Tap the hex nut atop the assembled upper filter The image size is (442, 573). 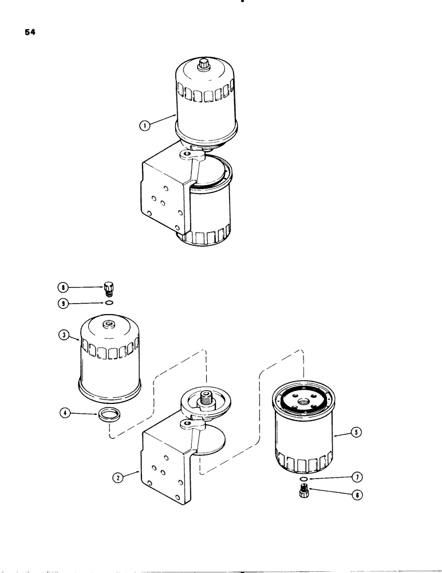point(204,65)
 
